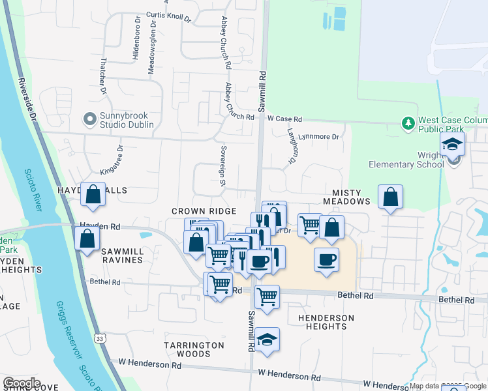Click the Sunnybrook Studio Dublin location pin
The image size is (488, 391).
89,119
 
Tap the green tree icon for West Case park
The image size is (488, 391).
408,123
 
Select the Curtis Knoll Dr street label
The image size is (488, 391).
168,18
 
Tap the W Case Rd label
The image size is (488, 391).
285,119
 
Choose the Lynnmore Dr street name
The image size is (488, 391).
323,137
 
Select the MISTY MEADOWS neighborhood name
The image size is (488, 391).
351,197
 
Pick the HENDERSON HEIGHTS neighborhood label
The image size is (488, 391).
326,322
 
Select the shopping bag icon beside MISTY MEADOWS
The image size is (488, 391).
390,197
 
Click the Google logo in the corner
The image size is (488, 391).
22,383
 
